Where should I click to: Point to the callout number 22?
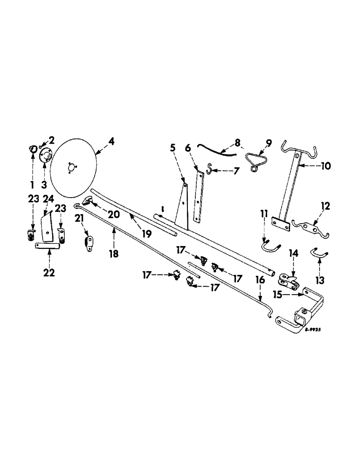49,273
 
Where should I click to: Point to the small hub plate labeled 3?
45,156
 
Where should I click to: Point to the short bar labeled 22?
48,246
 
